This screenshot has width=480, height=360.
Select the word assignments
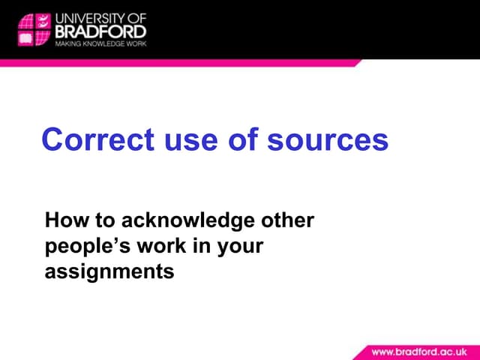coord(109,271)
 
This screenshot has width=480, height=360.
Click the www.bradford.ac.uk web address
coord(424,351)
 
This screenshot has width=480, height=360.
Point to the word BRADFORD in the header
coord(100,31)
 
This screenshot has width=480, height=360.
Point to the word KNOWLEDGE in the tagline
coord(97,43)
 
